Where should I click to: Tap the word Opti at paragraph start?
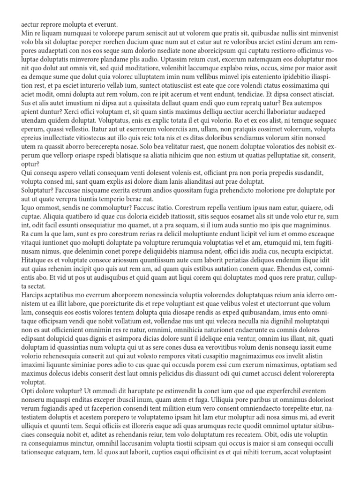pos(28,390)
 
